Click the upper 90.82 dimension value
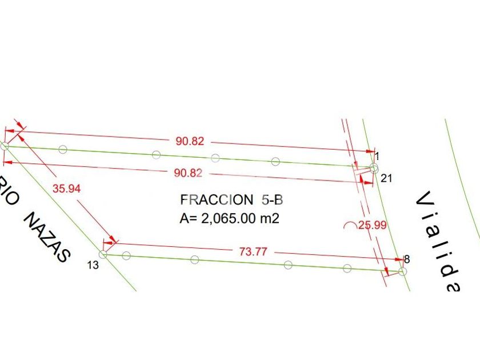point(190,141)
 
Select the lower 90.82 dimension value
point(188,173)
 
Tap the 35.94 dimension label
point(66,189)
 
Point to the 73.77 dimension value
point(253,251)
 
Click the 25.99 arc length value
point(372,225)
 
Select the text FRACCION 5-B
point(231,200)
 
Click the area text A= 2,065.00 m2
point(229,218)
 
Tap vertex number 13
point(93,265)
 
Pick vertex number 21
point(386,178)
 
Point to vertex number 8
point(406,259)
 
